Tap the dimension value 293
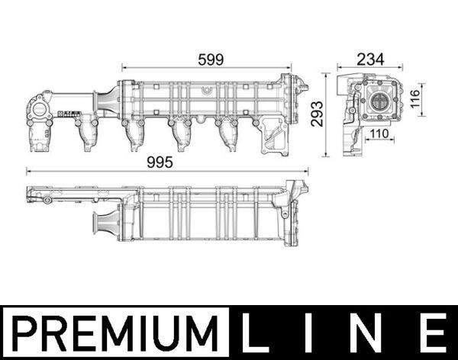[x=314, y=114]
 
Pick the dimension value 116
[x=417, y=99]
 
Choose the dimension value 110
[x=379, y=134]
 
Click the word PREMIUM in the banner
[x=115, y=333]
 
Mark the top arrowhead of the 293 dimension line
[x=327, y=75]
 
